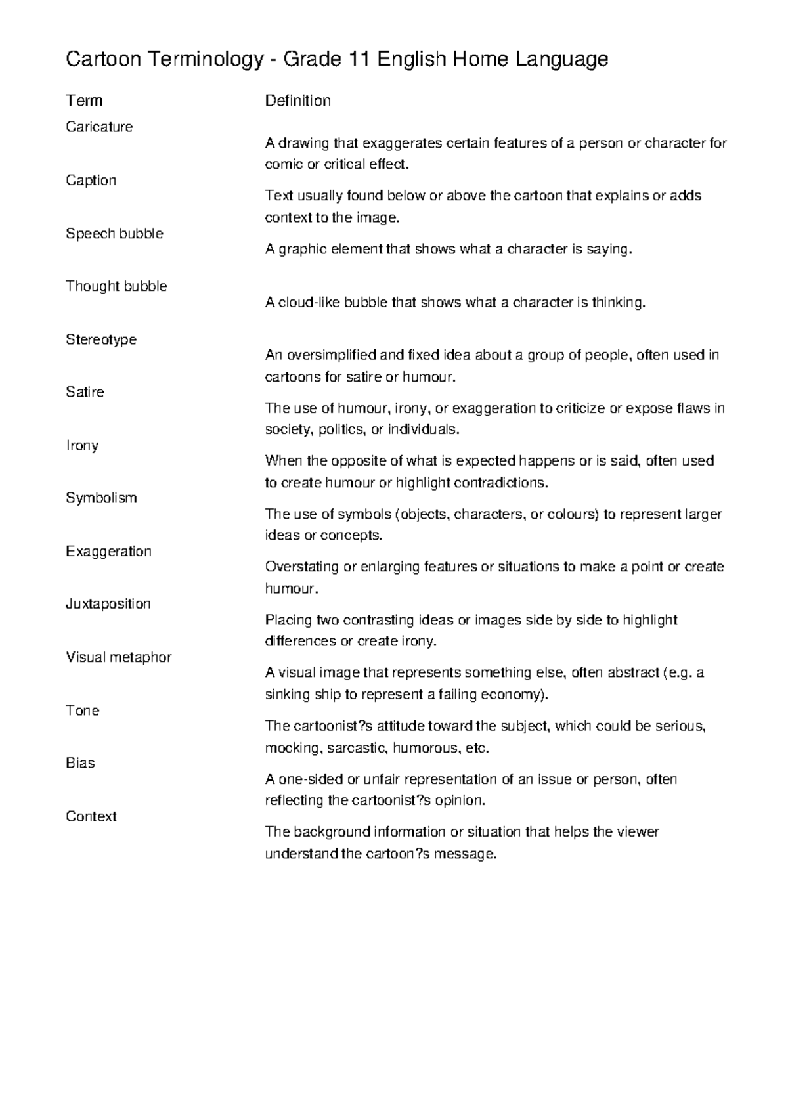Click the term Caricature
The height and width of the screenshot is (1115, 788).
99,127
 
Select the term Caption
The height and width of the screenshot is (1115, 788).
91,181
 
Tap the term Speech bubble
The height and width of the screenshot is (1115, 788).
114,234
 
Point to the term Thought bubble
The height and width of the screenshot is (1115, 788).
116,286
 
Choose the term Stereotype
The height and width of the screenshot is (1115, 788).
101,339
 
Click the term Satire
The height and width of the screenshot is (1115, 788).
85,392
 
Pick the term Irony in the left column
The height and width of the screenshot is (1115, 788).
82,445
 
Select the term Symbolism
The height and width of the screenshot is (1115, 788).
101,498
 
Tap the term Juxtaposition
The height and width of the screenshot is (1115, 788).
108,604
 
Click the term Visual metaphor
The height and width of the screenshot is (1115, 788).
118,657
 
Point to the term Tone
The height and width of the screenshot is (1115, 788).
82,711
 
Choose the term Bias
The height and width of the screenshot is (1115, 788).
80,763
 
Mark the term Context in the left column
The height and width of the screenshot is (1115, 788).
91,816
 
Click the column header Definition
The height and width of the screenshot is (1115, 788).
297,100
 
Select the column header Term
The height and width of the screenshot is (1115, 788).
84,100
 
